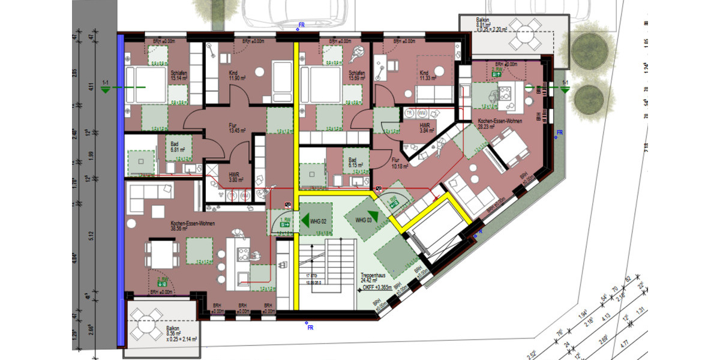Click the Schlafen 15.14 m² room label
(179, 76)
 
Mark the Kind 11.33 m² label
(427, 76)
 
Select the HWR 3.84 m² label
(427, 128)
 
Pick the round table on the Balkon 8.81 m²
(527, 37)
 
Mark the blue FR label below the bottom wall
(310, 327)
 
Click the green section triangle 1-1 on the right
(565, 89)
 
